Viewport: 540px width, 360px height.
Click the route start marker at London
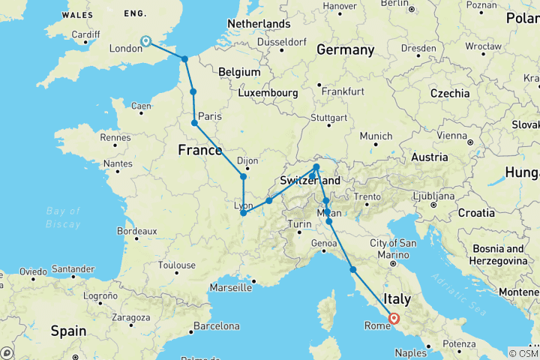[x=145, y=42]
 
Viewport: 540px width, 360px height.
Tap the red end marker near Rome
[x=394, y=318]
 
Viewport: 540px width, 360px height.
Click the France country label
[x=199, y=150]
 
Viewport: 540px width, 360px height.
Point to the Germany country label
[x=345, y=50]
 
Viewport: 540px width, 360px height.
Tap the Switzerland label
[x=310, y=181]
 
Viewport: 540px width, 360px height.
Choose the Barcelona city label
[x=216, y=326]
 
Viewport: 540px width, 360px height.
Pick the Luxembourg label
[x=268, y=93]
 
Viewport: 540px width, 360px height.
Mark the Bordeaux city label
[x=136, y=232]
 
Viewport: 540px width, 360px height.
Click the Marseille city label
[x=230, y=287]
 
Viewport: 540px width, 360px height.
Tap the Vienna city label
[x=432, y=136]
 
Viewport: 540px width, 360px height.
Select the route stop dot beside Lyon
[x=243, y=213]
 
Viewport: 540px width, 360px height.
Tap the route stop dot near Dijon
[x=243, y=177]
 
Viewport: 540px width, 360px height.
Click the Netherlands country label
[x=258, y=24]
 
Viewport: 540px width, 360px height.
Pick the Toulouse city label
[x=177, y=265]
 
